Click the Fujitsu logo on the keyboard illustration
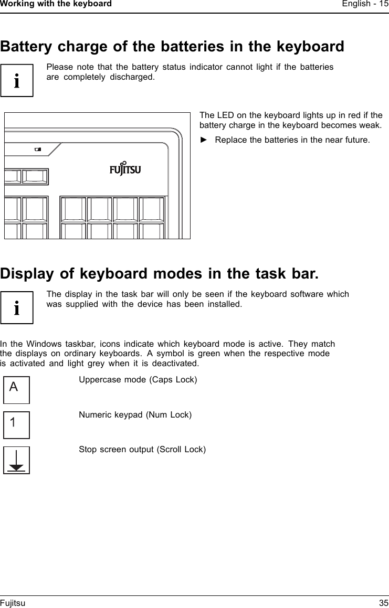(125, 168)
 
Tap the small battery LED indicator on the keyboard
(37, 150)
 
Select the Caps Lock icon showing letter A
(17, 390)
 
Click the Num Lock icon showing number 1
(17, 425)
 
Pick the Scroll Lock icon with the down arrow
(17, 460)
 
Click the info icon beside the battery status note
(17, 81)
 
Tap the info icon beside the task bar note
(17, 307)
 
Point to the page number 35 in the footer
(384, 603)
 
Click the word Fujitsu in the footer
(13, 603)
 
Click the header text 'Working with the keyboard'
(56, 4)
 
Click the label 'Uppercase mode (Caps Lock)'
(138, 379)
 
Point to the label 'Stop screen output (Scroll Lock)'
(142, 450)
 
